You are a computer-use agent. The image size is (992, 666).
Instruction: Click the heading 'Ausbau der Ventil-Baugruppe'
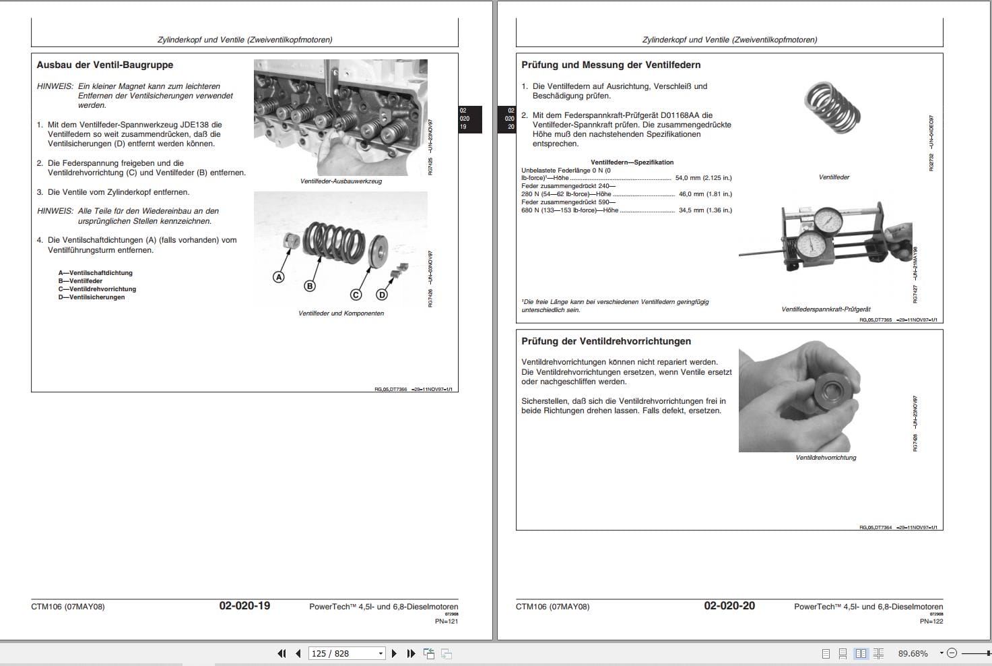point(104,65)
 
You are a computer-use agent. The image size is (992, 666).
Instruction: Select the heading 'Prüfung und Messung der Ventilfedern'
point(611,65)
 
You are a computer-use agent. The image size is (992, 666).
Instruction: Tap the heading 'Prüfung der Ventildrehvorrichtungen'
point(606,342)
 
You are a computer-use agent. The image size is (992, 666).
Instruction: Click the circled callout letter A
point(278,277)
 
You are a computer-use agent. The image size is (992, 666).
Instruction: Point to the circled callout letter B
point(310,286)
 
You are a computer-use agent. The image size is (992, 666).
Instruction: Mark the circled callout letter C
point(356,295)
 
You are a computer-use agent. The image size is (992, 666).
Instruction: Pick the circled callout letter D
point(382,295)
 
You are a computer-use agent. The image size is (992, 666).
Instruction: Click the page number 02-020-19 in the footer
point(244,606)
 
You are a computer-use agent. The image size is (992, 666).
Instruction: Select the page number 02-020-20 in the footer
point(729,606)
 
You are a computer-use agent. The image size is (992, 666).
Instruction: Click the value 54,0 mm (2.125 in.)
point(703,178)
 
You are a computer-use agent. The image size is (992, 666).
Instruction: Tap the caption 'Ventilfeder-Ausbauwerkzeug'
point(341,181)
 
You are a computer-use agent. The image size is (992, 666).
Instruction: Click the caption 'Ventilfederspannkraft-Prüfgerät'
point(826,309)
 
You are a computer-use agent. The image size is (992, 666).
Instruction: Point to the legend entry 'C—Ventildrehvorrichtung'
point(97,289)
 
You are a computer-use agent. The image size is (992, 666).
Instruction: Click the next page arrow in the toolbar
point(394,653)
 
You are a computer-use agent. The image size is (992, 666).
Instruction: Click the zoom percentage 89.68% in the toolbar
point(913,653)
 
